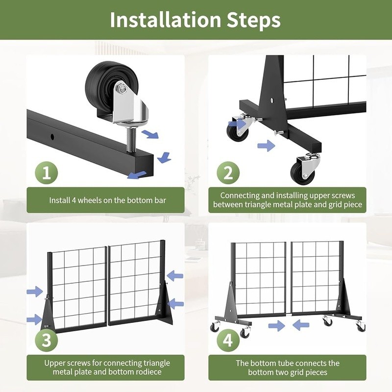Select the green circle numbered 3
(x=47, y=340)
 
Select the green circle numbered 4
(x=228, y=340)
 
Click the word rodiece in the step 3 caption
(x=147, y=372)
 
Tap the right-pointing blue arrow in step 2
(x=266, y=146)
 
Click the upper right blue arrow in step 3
(x=174, y=274)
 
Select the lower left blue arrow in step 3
(x=34, y=320)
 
